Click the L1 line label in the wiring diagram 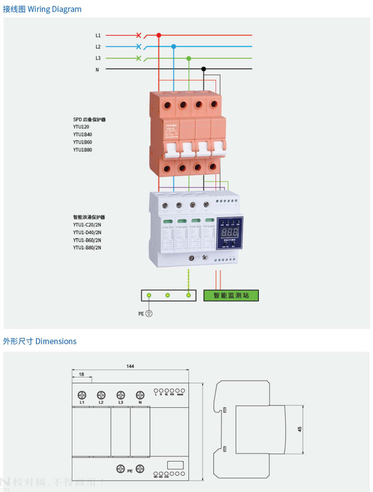coord(98,35)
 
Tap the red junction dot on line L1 coord(158,35)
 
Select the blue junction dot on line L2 coord(173,47)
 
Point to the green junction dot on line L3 coord(188,58)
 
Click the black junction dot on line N coord(204,69)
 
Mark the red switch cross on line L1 coord(138,35)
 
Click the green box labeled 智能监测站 coord(231,296)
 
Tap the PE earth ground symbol coord(149,313)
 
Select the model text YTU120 coord(81,126)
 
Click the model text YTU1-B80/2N coord(87,247)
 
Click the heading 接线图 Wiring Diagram coord(42,9)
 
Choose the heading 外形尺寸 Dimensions coord(40,341)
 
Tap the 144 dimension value coord(130,366)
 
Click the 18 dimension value coord(82,375)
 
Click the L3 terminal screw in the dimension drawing coord(121,395)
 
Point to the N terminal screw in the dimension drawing coord(140,395)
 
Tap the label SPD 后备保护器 coord(90,120)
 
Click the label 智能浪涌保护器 coord(89,217)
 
